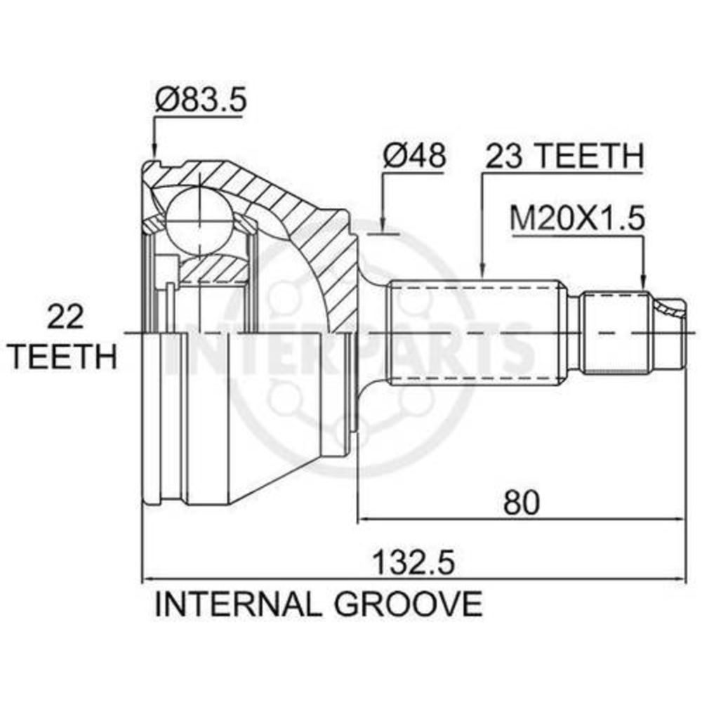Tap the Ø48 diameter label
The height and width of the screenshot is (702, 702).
(x=414, y=155)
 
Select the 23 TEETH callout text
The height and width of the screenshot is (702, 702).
(x=564, y=155)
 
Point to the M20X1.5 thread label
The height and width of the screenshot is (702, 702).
(x=578, y=219)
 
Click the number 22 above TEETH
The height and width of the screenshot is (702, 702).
(x=65, y=317)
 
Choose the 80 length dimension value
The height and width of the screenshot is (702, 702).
(x=522, y=503)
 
